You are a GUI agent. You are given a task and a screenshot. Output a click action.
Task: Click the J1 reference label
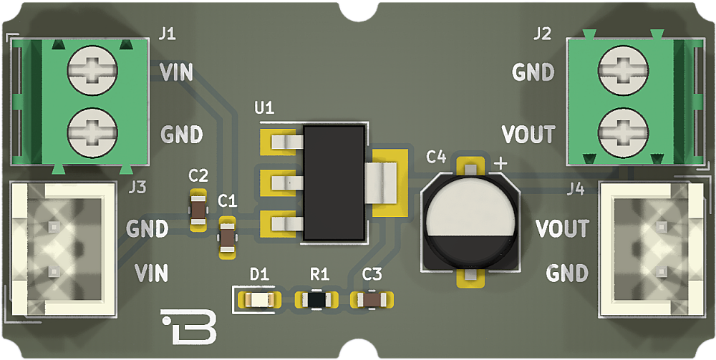point(167,34)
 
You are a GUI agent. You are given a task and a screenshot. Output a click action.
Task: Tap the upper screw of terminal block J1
point(92,72)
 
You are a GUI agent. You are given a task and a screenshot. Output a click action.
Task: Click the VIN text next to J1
point(175,72)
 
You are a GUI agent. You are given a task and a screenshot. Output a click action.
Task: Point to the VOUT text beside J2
point(528,134)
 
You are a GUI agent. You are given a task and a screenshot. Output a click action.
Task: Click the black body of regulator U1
point(334,182)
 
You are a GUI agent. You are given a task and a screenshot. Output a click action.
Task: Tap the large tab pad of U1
point(390,183)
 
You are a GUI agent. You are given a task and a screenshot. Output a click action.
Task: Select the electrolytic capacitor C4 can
point(470,222)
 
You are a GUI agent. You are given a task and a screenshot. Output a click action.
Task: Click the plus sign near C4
point(500,163)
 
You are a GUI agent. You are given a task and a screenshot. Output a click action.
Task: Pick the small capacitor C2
point(198,210)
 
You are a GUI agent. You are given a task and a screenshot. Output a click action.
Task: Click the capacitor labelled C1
point(227,236)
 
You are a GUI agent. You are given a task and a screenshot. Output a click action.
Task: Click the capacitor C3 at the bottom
point(372,298)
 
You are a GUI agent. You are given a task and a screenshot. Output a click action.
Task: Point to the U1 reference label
point(264,108)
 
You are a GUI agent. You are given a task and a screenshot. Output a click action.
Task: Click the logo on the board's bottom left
point(188,326)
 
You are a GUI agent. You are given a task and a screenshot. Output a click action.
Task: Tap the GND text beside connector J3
point(147,229)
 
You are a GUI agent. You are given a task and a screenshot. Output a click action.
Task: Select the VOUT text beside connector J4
point(562,229)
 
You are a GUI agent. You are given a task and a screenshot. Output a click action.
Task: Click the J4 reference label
point(575,188)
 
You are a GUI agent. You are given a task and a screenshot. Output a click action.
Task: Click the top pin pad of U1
point(279,142)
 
